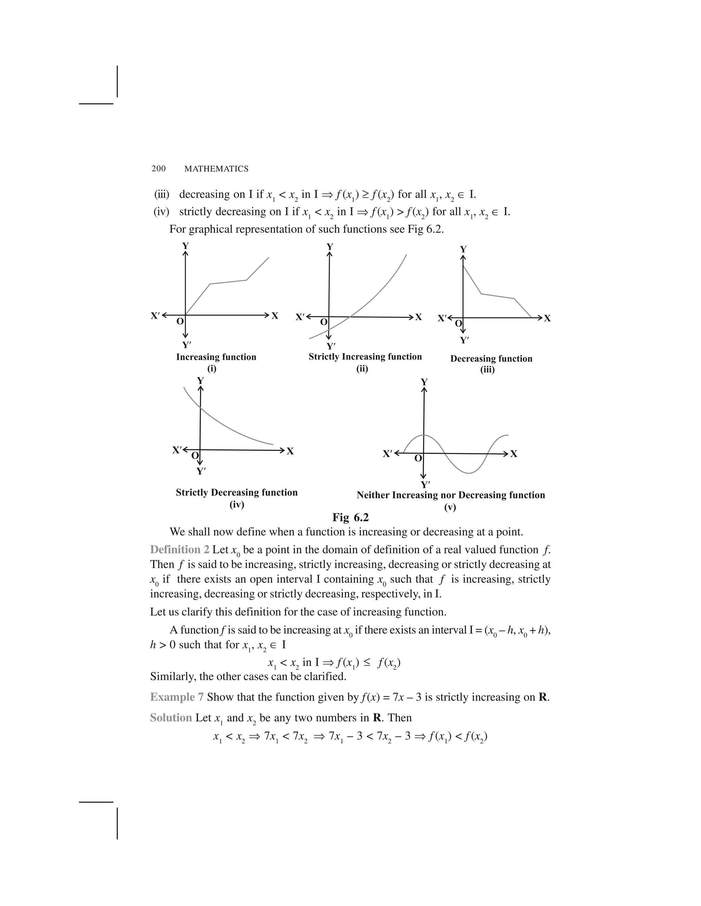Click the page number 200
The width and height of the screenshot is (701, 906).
(x=158, y=169)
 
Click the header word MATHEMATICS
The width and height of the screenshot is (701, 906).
(x=216, y=169)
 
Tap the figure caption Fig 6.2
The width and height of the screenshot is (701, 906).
(x=350, y=517)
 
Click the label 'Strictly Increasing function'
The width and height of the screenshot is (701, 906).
(x=365, y=356)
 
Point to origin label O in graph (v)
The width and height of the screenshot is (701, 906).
(x=418, y=458)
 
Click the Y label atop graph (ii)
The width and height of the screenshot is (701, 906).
(x=330, y=247)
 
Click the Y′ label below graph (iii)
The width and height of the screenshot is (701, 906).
(x=464, y=340)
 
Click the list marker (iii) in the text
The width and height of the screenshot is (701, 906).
(x=162, y=194)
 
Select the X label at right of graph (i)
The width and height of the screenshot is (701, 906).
(x=275, y=316)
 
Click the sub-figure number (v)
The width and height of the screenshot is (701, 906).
(x=450, y=507)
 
